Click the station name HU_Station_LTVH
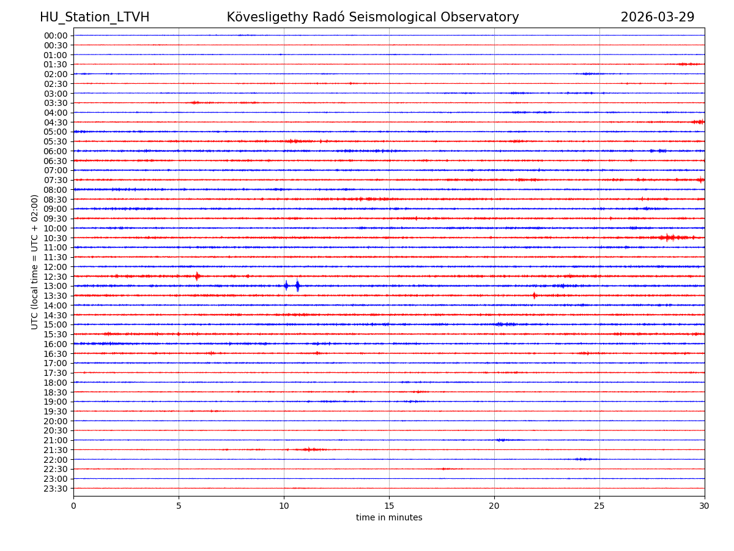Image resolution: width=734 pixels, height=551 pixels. (x=94, y=17)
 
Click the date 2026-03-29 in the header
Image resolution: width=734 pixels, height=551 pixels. (x=657, y=17)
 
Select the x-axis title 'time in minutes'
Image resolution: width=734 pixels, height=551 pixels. (x=389, y=518)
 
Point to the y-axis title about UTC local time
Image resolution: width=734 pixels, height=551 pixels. (x=35, y=262)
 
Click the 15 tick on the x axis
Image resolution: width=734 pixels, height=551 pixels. (x=389, y=506)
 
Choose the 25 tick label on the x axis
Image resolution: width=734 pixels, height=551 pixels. (x=599, y=506)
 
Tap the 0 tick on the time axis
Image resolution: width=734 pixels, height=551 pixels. (x=73, y=506)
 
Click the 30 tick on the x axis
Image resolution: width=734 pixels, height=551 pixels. (x=705, y=506)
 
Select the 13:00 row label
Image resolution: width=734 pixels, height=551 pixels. (x=56, y=286)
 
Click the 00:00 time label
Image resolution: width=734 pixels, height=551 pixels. (x=56, y=36)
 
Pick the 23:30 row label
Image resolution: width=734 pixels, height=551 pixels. (x=56, y=489)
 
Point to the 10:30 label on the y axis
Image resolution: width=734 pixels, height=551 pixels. (x=56, y=238)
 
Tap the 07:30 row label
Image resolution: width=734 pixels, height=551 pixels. (x=56, y=180)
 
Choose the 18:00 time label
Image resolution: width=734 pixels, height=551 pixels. (x=56, y=383)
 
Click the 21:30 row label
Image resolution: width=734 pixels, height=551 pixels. (x=56, y=450)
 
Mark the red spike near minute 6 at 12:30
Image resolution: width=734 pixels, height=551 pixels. (x=197, y=276)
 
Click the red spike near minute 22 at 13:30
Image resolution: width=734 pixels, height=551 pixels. (x=534, y=296)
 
